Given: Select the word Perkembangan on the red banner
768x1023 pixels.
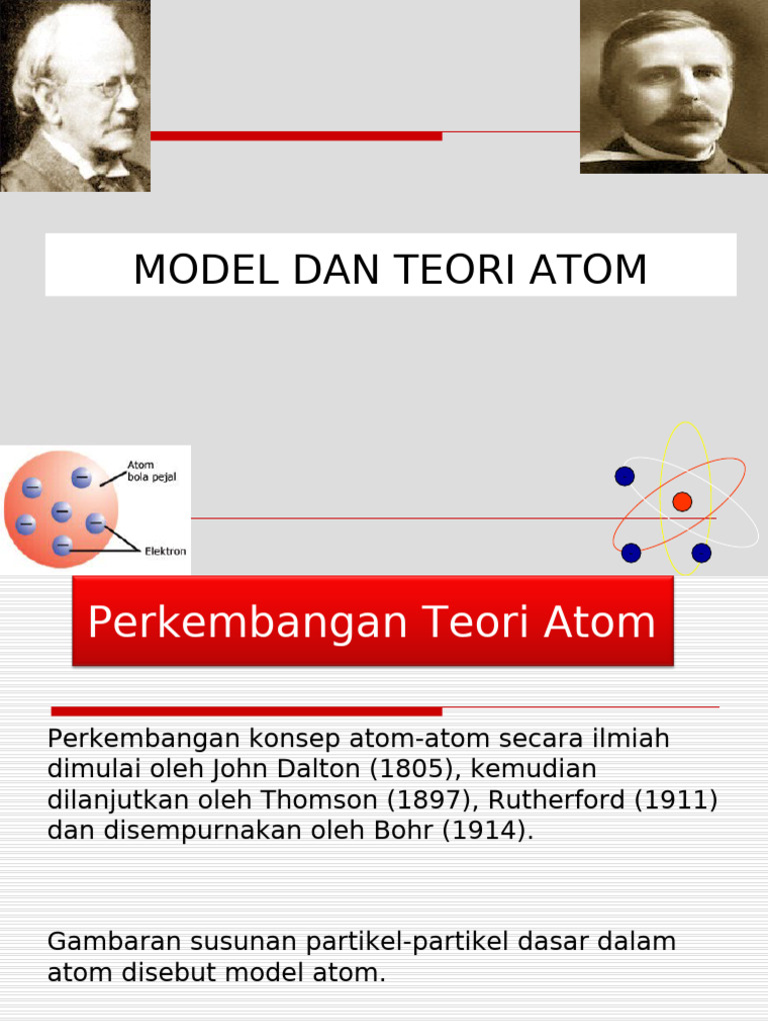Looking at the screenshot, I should [236, 622].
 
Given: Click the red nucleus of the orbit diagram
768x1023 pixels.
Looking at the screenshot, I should [682, 502].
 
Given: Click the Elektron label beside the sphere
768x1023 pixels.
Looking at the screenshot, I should [166, 550].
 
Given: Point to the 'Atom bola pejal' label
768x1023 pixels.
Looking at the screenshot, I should [151, 472].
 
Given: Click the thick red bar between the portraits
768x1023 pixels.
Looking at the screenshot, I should [296, 135].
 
